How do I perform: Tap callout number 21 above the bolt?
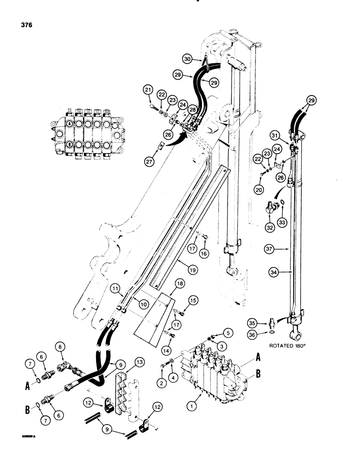click(148, 90)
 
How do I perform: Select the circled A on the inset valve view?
click(69, 124)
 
